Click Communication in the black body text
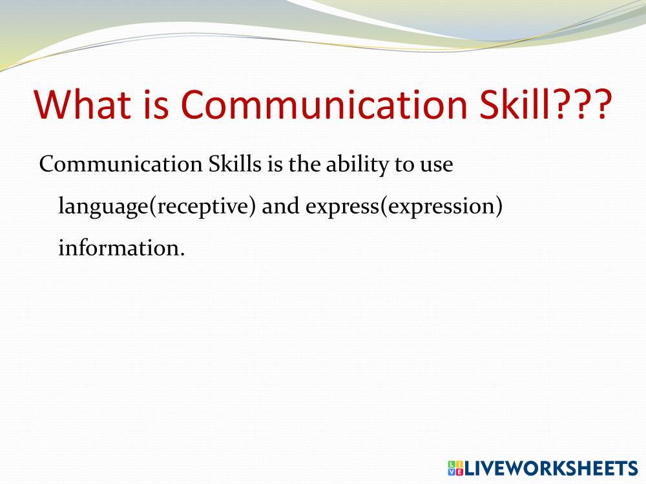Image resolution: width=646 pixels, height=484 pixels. coord(121,164)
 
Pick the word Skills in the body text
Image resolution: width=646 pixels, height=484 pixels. coord(235,164)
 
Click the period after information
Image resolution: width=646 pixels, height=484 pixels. coord(183,255)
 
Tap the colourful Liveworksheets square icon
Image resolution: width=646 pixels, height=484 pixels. coord(455,469)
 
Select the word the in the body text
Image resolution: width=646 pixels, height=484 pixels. coord(304,164)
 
